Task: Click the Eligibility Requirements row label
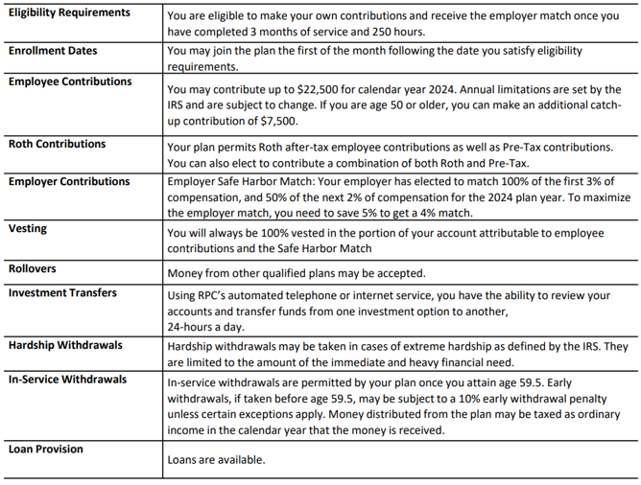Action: pyautogui.click(x=69, y=12)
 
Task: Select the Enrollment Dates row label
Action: pyautogui.click(x=53, y=49)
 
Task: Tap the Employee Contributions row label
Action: pyautogui.click(x=70, y=81)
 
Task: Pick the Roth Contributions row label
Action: pyautogui.click(x=58, y=144)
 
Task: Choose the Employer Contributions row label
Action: pyautogui.click(x=69, y=181)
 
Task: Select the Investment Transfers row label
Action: pyautogui.click(x=63, y=291)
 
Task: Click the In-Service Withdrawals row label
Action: pyautogui.click(x=68, y=380)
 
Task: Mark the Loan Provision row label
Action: pyautogui.click(x=46, y=449)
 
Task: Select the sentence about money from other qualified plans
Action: pyautogui.click(x=296, y=273)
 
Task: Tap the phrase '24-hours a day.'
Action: pyautogui.click(x=204, y=324)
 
